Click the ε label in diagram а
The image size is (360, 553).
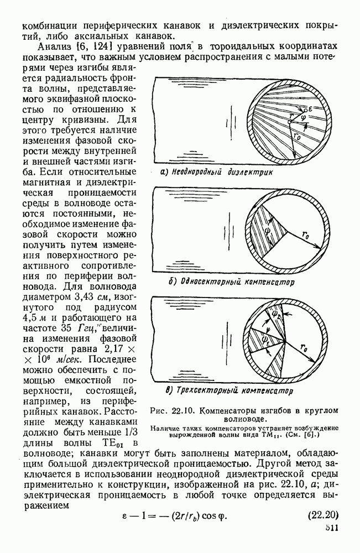pyautogui.click(x=312, y=109)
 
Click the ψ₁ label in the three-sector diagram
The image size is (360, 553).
pyautogui.click(x=266, y=336)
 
